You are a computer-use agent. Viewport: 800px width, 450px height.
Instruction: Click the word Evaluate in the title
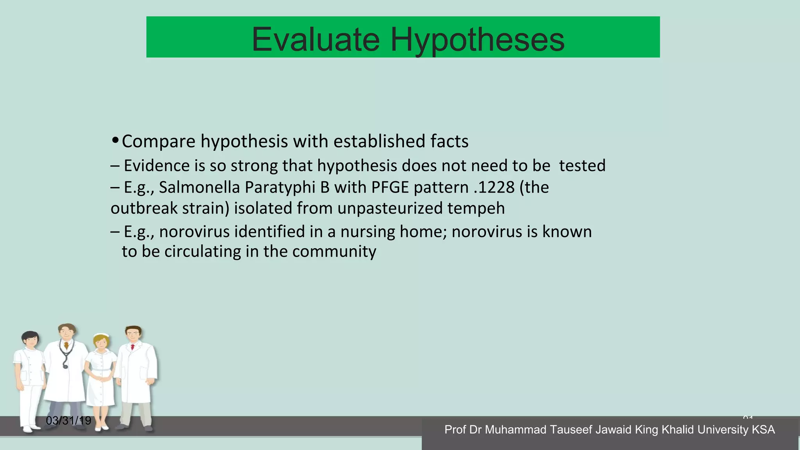[x=316, y=39]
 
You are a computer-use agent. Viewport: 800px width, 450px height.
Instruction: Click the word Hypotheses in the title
[x=477, y=39]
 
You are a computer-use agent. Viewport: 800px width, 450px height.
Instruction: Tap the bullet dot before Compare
[x=115, y=140]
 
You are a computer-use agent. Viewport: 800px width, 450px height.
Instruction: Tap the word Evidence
[x=157, y=166]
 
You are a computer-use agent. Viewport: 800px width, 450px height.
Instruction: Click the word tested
[x=582, y=166]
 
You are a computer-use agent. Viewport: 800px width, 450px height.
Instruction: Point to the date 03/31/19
[x=68, y=421]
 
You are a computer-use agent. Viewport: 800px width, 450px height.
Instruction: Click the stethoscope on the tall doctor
[x=65, y=357]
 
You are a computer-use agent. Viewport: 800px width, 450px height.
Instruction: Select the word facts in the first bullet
[x=449, y=141]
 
